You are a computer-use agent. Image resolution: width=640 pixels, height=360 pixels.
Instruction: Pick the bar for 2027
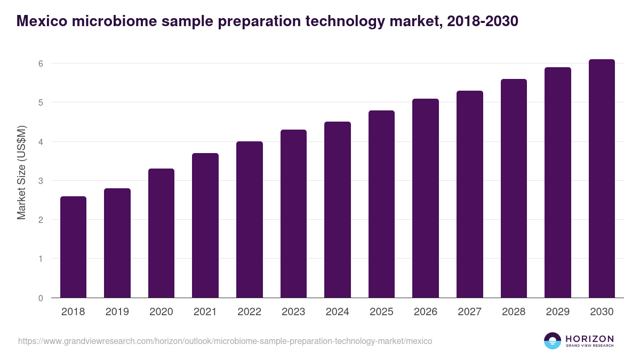coord(470,194)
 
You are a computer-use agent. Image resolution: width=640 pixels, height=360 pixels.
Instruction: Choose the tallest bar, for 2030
coord(602,178)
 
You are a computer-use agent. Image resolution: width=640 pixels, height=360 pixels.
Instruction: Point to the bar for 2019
coord(117,243)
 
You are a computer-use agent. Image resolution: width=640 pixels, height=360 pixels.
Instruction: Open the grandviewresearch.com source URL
coord(225,341)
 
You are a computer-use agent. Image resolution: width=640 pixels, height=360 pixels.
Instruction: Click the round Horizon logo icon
coord(553,341)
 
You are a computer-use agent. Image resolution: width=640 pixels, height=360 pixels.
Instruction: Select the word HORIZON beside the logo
coord(589,339)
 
